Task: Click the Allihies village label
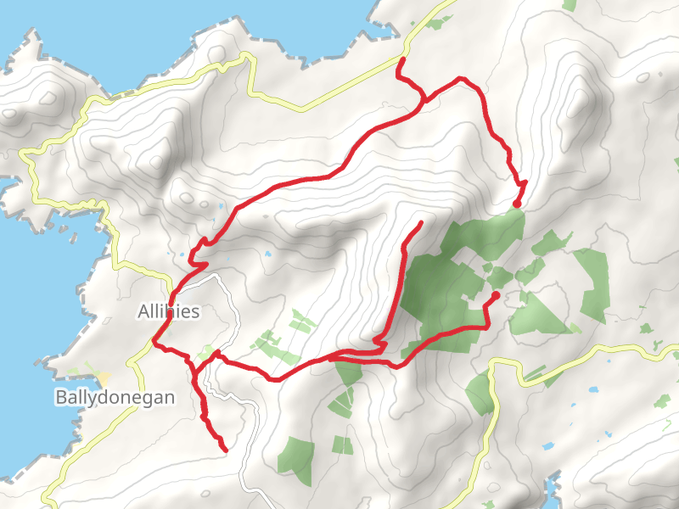(x=168, y=312)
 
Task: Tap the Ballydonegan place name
(x=115, y=397)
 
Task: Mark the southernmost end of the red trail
(x=225, y=449)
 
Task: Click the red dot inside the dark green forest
(x=495, y=294)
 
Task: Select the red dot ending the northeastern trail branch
(x=517, y=204)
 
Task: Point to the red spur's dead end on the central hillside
(x=421, y=222)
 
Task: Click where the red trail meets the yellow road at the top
(x=400, y=59)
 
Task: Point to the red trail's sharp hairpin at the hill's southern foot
(x=384, y=345)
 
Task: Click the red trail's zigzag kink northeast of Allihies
(x=199, y=251)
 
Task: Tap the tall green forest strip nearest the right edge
(x=592, y=284)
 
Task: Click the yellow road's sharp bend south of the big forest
(x=493, y=363)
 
